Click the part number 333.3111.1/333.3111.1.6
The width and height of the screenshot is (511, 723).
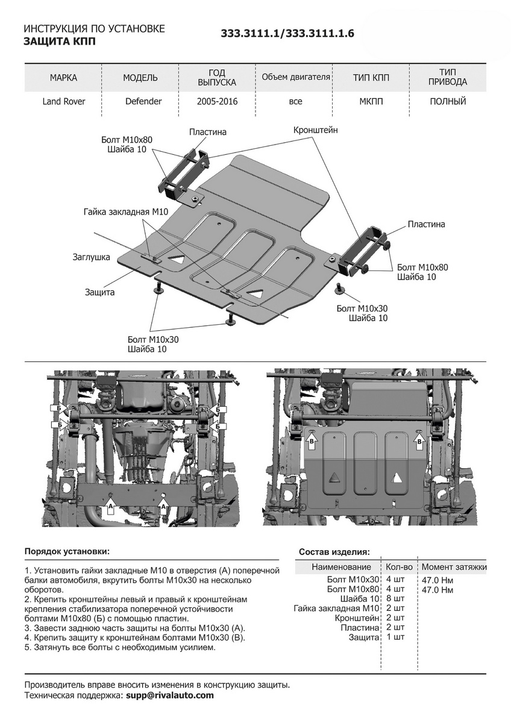(x=287, y=34)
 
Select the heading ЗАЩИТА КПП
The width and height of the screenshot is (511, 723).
(x=59, y=42)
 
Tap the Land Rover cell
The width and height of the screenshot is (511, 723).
(x=64, y=101)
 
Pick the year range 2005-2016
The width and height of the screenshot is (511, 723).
(x=217, y=101)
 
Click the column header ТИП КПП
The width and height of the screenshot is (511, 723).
(x=371, y=78)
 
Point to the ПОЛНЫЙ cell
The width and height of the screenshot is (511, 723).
(x=448, y=101)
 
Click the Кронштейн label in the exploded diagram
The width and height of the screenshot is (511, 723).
(x=316, y=130)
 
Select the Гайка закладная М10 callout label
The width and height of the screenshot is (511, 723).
(x=125, y=211)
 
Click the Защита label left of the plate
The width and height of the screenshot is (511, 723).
(x=100, y=292)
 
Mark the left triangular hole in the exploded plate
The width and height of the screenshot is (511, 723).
(x=177, y=258)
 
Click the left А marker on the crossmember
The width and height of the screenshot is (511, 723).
(x=110, y=508)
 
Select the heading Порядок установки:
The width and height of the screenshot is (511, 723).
(x=67, y=551)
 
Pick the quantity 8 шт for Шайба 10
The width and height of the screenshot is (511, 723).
(x=395, y=599)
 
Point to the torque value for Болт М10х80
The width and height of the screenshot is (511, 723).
(x=437, y=590)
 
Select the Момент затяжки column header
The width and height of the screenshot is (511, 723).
(x=454, y=567)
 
